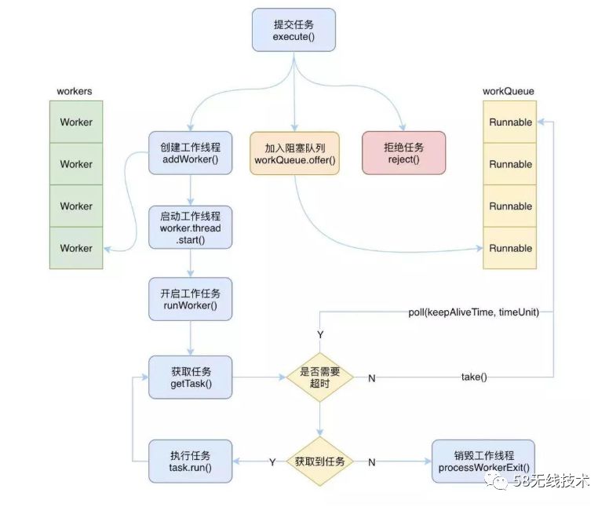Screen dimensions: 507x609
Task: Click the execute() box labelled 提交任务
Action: (294, 30)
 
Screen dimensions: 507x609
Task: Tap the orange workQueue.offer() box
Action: (294, 153)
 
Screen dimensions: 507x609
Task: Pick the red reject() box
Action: (403, 153)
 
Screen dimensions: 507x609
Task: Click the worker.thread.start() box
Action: (191, 228)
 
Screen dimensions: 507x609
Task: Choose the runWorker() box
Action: (191, 298)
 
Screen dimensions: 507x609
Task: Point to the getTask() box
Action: (191, 377)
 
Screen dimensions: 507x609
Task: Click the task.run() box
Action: (191, 461)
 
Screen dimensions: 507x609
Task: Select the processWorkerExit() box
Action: (484, 461)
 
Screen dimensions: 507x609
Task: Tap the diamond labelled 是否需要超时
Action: (319, 378)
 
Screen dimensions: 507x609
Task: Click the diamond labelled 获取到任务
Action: (319, 461)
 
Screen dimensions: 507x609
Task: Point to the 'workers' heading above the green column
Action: (75, 91)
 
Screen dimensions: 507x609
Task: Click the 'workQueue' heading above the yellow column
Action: (509, 91)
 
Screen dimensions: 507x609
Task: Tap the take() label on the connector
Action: (474, 378)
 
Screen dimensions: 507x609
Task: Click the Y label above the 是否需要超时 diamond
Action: (320, 335)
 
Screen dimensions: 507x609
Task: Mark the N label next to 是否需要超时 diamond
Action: (371, 378)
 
